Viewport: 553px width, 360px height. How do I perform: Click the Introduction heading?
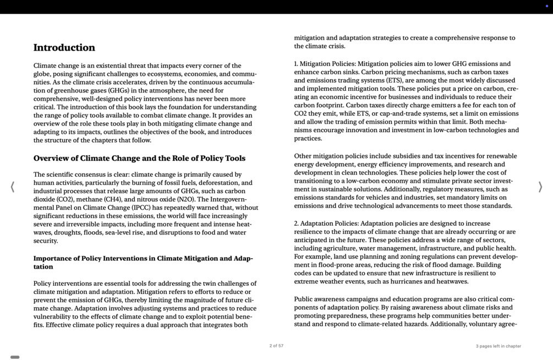(x=64, y=48)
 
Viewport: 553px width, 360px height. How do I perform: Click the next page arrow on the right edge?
(x=540, y=187)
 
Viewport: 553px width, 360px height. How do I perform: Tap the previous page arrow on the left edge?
(x=13, y=187)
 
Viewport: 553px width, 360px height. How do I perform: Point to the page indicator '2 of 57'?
(x=276, y=346)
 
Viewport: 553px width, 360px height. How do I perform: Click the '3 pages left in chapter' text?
(x=498, y=346)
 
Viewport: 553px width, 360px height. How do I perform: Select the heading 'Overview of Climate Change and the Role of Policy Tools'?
(x=139, y=159)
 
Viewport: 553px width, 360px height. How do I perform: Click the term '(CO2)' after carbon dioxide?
(x=65, y=199)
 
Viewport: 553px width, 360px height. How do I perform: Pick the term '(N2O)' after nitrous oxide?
(x=186, y=199)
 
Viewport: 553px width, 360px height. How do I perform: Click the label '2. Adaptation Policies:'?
(x=326, y=223)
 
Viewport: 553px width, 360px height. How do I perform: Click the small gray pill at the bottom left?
(x=15, y=357)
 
